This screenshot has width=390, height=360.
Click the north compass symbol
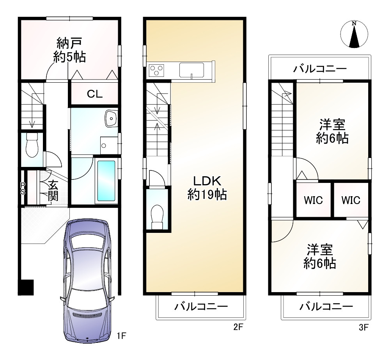(x=354, y=34)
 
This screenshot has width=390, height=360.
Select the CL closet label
(x=94, y=94)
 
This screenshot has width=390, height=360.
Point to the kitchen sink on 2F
(x=191, y=71)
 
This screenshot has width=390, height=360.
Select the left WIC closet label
(x=313, y=200)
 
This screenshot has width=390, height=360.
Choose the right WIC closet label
(x=351, y=200)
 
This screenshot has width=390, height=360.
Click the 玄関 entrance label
(x=53, y=190)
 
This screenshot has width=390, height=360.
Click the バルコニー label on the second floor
(x=201, y=307)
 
